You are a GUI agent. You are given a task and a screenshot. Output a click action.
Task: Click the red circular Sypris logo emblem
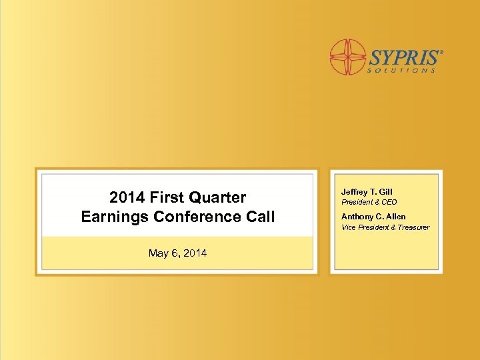(348, 56)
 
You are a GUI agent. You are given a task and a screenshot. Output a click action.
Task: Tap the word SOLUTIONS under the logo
(403, 69)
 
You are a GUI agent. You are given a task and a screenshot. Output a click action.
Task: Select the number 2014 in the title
(127, 197)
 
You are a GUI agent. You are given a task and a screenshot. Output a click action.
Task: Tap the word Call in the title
(260, 217)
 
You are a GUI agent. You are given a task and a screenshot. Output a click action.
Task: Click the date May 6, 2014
(177, 253)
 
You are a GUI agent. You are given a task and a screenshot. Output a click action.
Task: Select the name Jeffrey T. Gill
(367, 192)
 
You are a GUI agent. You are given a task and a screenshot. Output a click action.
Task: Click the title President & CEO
(369, 202)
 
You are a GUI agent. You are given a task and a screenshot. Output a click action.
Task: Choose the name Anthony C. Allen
(373, 217)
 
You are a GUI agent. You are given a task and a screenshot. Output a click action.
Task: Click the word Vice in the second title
(349, 227)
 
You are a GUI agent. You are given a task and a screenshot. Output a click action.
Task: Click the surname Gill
(386, 192)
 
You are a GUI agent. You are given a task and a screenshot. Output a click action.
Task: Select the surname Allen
(395, 217)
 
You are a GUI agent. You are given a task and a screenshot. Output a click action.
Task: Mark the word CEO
(389, 202)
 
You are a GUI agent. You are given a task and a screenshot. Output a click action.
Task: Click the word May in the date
(158, 253)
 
